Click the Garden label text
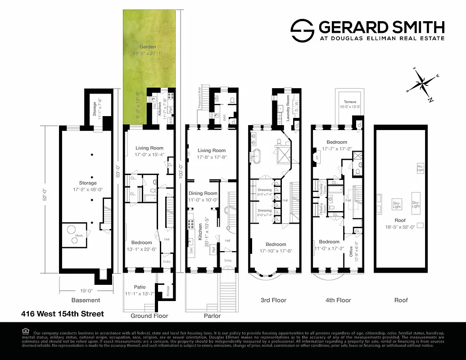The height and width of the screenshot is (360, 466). tap(147, 47)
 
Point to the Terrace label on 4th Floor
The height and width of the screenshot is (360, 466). tap(350, 102)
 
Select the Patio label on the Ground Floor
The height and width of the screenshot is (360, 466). tap(140, 287)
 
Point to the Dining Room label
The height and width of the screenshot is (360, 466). tap(203, 193)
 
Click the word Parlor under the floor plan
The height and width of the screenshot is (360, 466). tap(212, 316)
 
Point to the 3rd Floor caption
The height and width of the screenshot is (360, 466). tap(273, 300)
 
